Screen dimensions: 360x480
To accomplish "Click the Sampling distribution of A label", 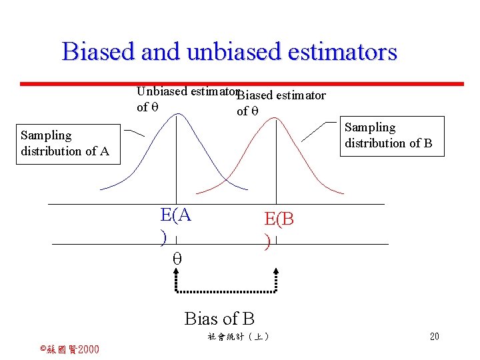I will tap(65, 143).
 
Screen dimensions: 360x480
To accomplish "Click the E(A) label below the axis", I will tap(175, 223).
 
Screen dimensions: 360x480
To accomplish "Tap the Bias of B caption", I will tap(219, 319).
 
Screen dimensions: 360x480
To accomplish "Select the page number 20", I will tap(434, 337).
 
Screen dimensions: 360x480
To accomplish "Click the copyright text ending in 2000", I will tap(69, 349).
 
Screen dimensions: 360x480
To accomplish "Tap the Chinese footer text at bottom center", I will tap(238, 337).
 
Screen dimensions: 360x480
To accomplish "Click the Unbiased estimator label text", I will tap(187, 92).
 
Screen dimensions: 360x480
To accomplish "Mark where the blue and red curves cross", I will tap(226, 179).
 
